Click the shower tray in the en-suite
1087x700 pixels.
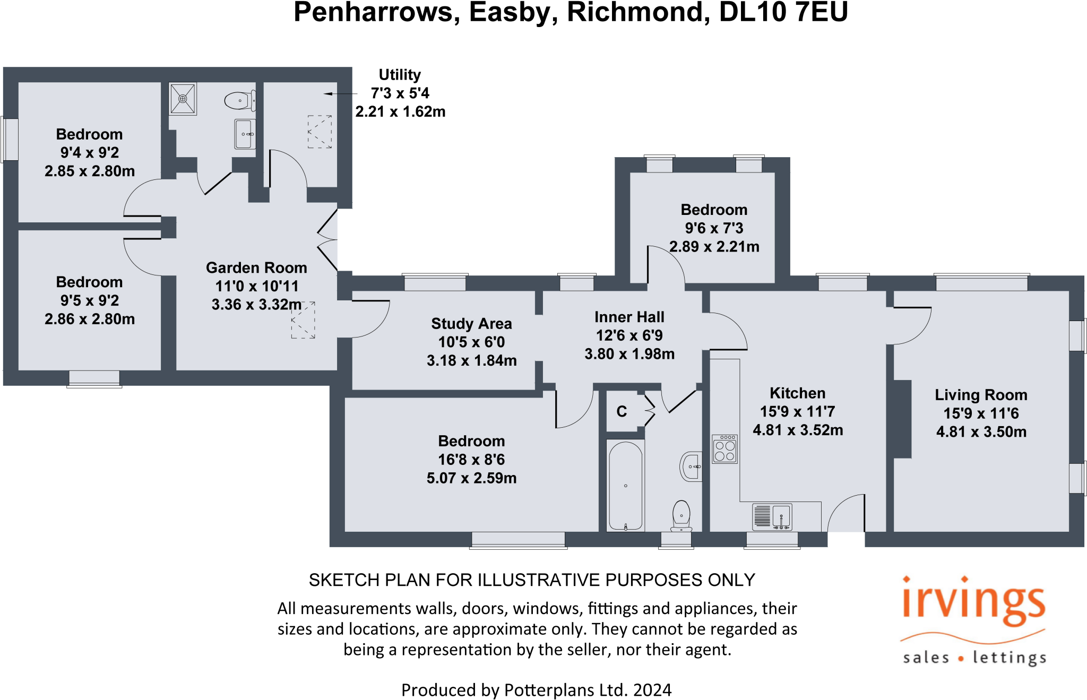coord(183,99)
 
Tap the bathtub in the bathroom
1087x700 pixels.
coord(626,486)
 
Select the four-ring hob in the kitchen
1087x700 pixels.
coord(724,449)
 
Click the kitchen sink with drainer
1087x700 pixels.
coord(772,517)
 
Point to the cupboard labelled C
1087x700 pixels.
coord(622,412)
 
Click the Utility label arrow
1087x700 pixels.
coord(340,94)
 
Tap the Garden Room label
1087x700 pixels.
coord(256,267)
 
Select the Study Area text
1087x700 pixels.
coord(471,323)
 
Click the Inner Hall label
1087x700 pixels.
coord(629,317)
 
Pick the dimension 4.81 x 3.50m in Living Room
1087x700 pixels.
coord(981,431)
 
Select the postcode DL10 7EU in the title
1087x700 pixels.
coord(783,13)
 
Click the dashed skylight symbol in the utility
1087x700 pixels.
coord(320,132)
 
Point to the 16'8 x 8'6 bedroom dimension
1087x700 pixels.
coord(471,460)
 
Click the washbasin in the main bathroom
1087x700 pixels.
coord(691,466)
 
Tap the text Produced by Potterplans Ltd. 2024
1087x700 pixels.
coord(536,689)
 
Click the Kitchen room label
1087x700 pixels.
coord(797,393)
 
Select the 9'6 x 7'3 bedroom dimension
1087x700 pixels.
coord(714,228)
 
